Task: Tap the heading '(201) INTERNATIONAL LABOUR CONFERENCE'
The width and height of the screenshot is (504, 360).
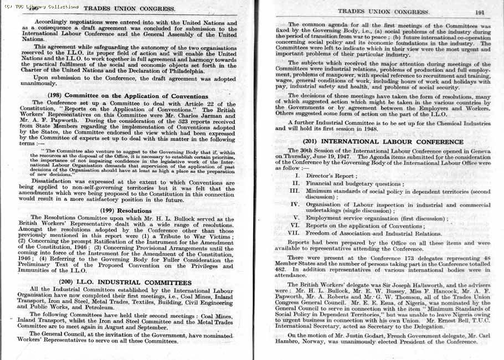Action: [x=383, y=141]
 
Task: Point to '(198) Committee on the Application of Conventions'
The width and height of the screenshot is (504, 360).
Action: [x=128, y=96]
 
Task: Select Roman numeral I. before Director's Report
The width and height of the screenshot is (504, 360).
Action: [x=297, y=176]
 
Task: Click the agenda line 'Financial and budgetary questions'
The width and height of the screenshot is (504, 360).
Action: [x=355, y=183]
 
